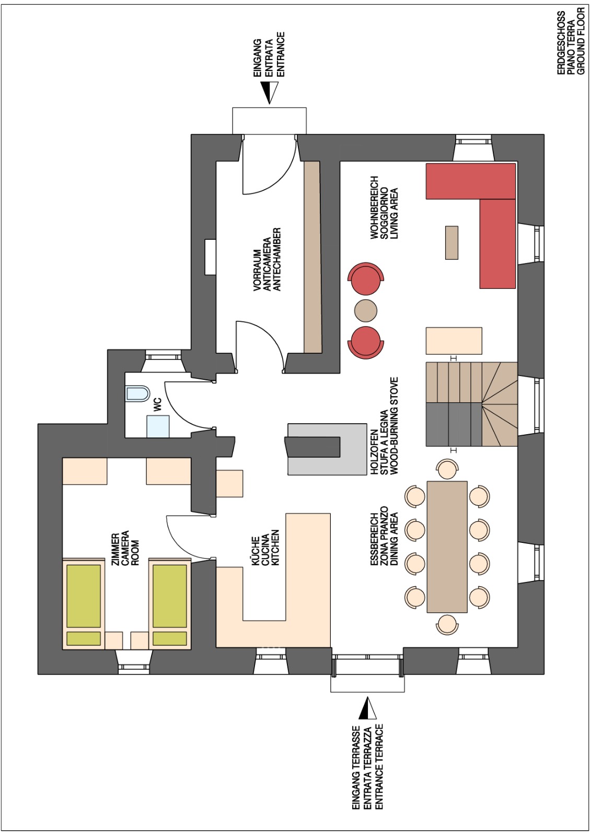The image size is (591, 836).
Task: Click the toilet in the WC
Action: click(138, 394)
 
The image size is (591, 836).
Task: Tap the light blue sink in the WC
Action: click(158, 426)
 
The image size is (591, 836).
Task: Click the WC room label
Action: click(158, 405)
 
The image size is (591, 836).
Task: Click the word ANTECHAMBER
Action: click(276, 259)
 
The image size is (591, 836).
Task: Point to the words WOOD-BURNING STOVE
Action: click(394, 426)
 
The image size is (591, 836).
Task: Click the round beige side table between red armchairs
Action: click(365, 310)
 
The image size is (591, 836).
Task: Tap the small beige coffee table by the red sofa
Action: click(452, 242)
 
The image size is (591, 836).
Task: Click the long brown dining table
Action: click(447, 547)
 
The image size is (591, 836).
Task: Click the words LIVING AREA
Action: click(394, 214)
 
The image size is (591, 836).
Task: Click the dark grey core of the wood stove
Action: click(313, 447)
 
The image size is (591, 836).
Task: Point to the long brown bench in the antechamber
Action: click(312, 257)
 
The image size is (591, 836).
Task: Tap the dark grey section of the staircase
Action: click(454, 425)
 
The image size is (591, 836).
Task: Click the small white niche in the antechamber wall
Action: click(210, 257)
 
